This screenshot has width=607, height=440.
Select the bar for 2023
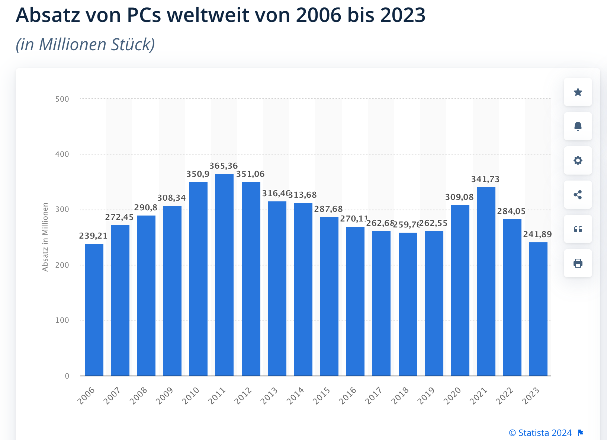(538, 309)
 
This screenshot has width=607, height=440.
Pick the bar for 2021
(486, 281)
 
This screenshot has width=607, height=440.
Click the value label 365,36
(224, 166)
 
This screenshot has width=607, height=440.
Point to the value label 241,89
(537, 235)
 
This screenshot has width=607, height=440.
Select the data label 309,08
(459, 197)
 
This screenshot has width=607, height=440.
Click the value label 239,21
(93, 236)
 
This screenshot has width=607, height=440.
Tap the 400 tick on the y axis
(62, 154)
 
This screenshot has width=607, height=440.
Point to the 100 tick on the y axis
(62, 321)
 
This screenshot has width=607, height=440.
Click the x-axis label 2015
(321, 396)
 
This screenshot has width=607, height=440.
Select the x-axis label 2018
(400, 396)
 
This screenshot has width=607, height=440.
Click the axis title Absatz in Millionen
(45, 237)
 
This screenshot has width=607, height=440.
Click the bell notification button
(578, 126)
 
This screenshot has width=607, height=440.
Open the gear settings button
(578, 160)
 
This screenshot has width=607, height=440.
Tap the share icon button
(578, 195)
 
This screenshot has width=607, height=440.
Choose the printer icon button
(578, 263)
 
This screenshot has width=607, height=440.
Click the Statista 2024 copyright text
(540, 433)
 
